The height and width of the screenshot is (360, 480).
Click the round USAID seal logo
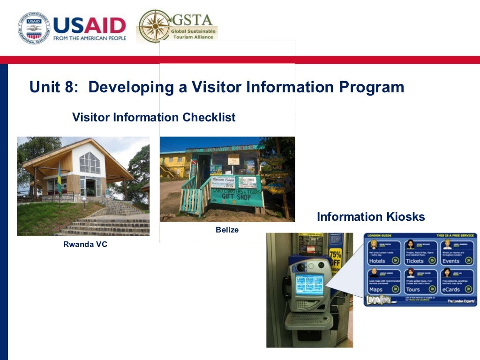33,28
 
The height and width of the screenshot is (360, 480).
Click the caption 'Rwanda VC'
85,244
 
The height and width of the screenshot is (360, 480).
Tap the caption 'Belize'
227,230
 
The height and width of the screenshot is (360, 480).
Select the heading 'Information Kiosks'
371,217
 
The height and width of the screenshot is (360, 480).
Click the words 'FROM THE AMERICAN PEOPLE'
90,38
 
